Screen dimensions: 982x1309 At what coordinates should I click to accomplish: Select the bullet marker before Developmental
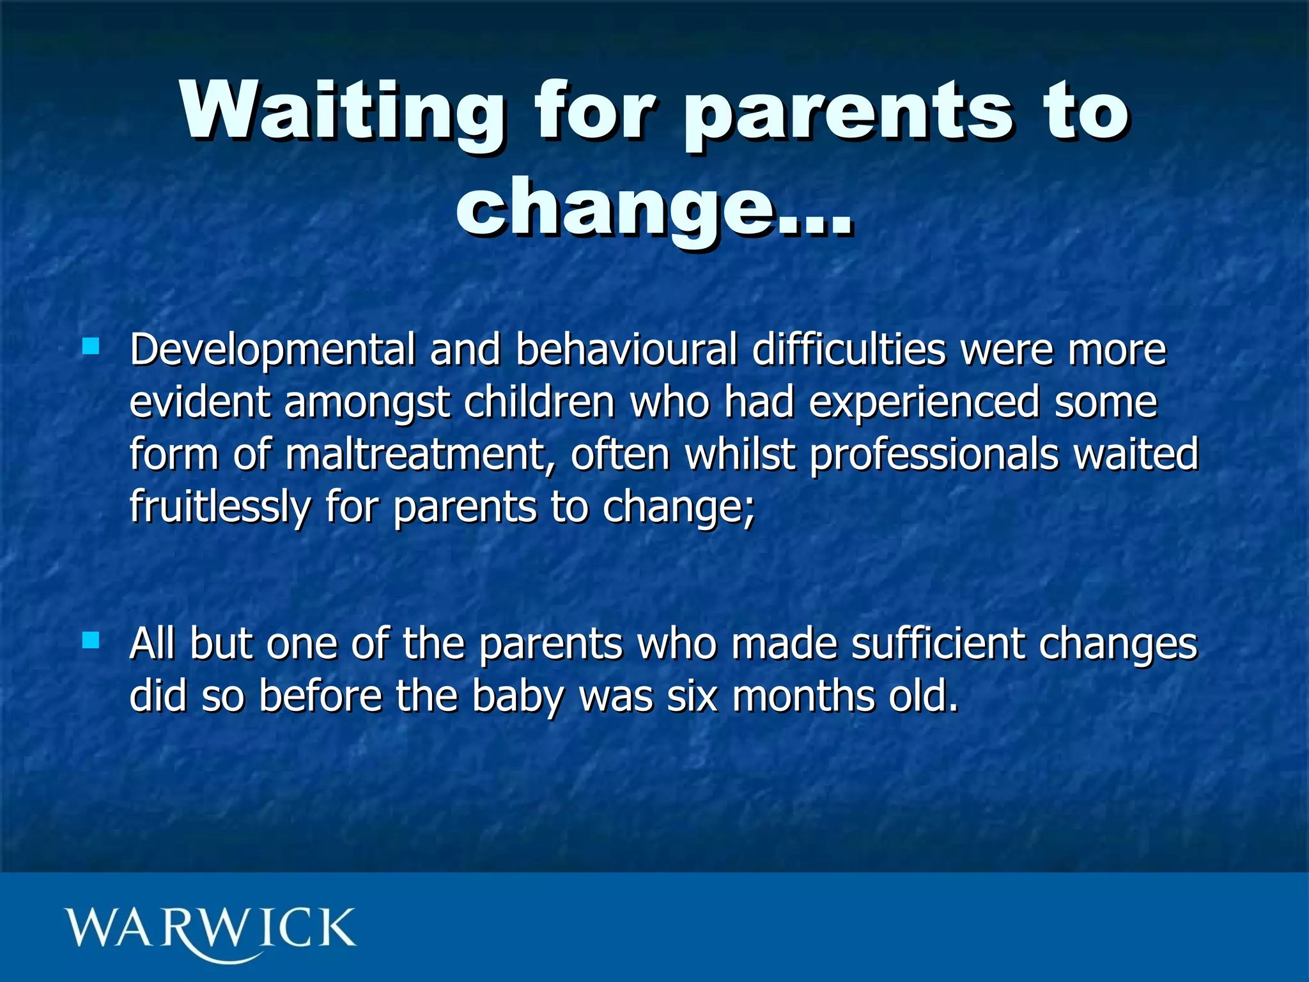pos(91,347)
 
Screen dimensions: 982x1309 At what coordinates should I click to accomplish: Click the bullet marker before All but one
pos(91,640)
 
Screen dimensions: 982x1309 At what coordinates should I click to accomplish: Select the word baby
pos(518,697)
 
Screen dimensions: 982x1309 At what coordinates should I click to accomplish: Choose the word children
pos(539,402)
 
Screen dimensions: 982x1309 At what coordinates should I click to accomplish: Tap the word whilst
pos(741,455)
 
